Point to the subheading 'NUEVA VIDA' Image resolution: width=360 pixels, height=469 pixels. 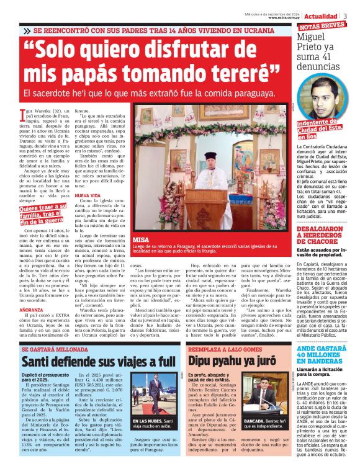tap(88, 195)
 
